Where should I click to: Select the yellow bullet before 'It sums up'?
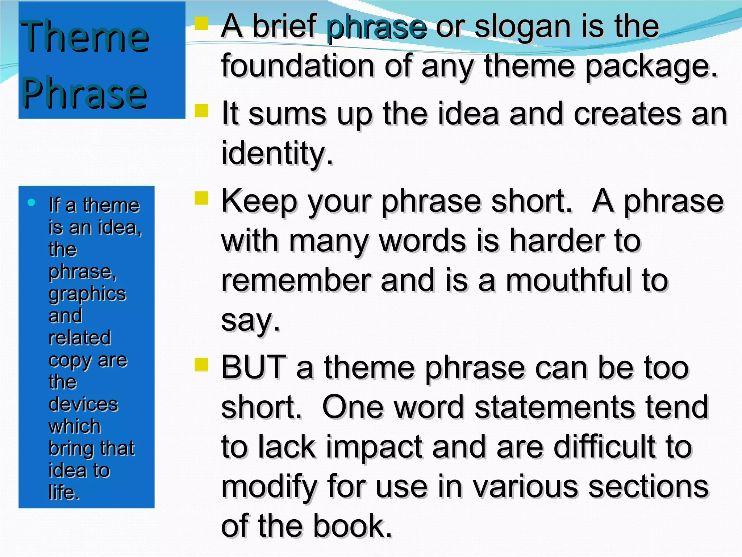coord(201,111)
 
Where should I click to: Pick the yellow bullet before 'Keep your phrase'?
coord(201,198)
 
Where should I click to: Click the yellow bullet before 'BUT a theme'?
coord(201,364)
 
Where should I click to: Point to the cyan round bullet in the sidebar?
coord(32,202)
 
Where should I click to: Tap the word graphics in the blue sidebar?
coord(87,294)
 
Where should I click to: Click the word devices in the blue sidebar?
coord(83,404)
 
